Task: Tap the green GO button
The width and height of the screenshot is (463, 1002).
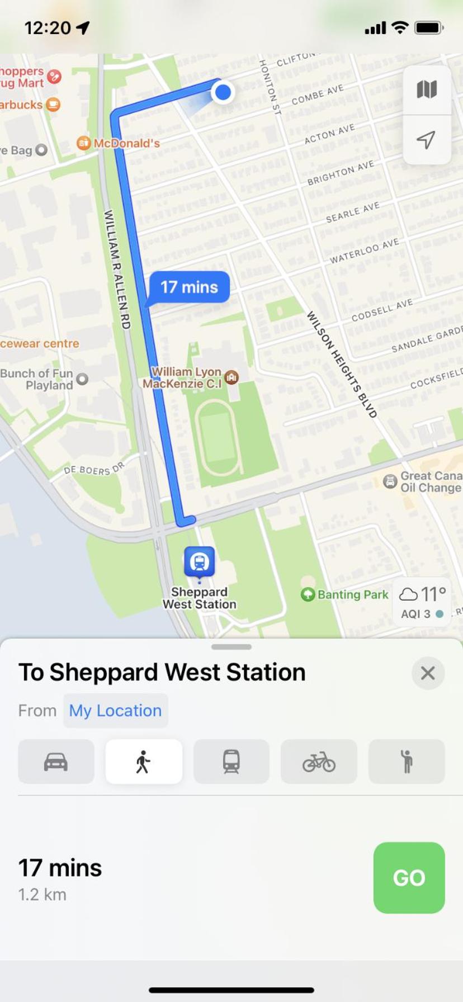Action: coord(409,877)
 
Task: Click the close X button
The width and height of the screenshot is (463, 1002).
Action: coord(428,673)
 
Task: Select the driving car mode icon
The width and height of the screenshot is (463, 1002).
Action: coord(56,762)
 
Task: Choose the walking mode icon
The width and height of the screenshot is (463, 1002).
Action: coord(144,762)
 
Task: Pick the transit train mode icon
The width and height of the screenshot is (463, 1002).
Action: coord(231,762)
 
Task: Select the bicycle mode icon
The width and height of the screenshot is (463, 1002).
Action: coord(319,762)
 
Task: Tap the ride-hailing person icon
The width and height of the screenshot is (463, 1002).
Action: coord(407,762)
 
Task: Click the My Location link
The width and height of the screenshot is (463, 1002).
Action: coord(115,711)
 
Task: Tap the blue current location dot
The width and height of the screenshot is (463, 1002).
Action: coord(223,92)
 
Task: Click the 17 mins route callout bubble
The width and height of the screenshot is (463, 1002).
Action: coord(189,287)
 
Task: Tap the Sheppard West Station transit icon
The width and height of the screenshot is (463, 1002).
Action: coord(199,561)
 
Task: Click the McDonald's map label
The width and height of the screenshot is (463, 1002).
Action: coord(126,144)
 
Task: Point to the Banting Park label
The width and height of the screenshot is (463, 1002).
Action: coord(352,595)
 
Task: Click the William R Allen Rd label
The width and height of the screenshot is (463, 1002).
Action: coord(118,269)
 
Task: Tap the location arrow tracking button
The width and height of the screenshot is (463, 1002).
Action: coord(426,140)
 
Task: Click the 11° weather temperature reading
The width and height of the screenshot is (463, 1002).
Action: coord(433,593)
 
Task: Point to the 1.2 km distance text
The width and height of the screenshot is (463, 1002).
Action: coord(42,895)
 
